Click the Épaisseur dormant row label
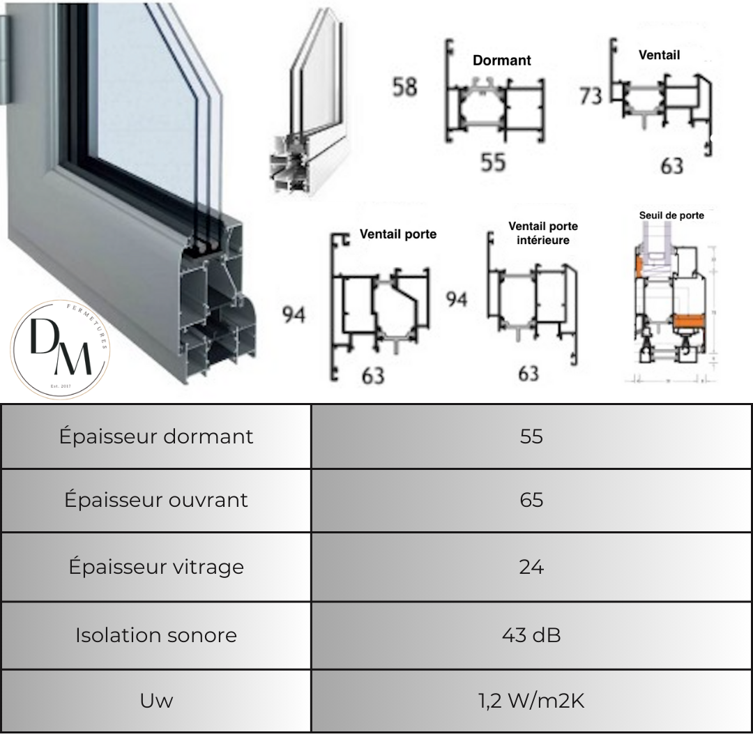[x=156, y=436]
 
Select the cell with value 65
[x=531, y=500]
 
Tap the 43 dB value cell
[x=531, y=635]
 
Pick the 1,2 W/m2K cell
[x=531, y=701]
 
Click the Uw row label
[x=156, y=701]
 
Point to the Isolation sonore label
[x=156, y=635]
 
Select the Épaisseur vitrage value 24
[x=531, y=567]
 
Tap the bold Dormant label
[x=501, y=61]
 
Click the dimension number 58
[x=404, y=88]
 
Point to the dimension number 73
[x=591, y=96]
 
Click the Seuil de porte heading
[x=671, y=215]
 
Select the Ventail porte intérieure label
[x=543, y=233]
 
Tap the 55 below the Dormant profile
[x=493, y=162]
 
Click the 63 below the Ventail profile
[x=671, y=166]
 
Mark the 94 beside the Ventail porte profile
[x=294, y=315]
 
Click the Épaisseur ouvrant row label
[x=156, y=500]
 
